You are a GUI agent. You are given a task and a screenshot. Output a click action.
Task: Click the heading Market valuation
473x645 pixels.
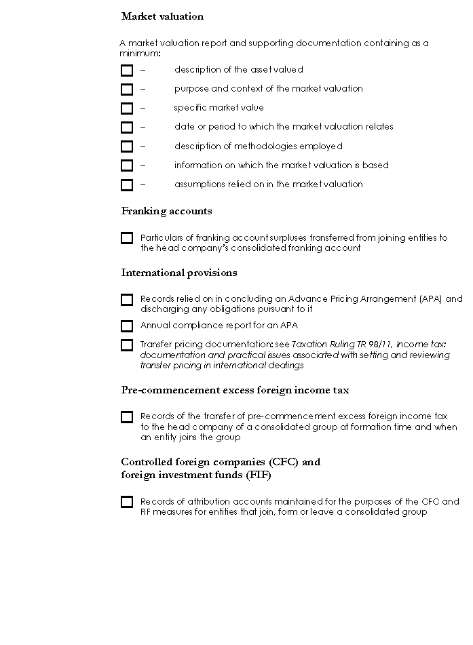(x=162, y=16)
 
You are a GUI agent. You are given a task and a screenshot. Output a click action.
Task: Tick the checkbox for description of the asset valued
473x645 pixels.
(x=127, y=70)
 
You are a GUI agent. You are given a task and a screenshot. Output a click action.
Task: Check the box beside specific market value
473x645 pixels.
(x=127, y=109)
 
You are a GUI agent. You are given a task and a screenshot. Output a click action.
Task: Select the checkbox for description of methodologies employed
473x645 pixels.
(x=127, y=146)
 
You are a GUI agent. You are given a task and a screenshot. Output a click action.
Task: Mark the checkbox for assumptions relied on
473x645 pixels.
(x=127, y=184)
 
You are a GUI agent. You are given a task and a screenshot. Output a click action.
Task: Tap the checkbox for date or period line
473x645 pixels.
(x=127, y=128)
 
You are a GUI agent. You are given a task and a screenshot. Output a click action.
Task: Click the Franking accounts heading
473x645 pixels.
(x=166, y=211)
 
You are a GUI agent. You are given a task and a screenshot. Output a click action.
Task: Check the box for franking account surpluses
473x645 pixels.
(x=127, y=238)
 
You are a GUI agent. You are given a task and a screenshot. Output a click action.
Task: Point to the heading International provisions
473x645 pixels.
(x=179, y=273)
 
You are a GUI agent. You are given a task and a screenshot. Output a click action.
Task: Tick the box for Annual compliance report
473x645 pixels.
(x=127, y=326)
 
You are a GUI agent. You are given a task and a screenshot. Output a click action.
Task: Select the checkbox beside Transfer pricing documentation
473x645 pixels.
(x=127, y=345)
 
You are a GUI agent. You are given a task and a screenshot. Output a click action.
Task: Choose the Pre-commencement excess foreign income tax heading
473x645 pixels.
(x=235, y=391)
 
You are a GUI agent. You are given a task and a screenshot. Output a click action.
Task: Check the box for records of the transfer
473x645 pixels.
(x=127, y=417)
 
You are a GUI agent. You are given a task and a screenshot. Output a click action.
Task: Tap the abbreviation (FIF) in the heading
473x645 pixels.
(x=259, y=475)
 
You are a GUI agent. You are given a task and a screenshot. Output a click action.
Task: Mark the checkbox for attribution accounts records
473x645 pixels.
(x=127, y=502)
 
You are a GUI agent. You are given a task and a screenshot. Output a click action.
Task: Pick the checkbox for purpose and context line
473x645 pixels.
(x=127, y=90)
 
